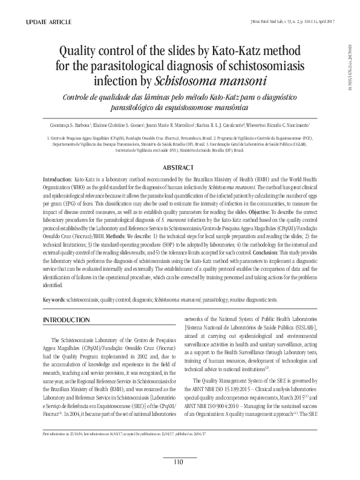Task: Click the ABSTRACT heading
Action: [179, 167]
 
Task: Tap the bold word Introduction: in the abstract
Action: [57, 180]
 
